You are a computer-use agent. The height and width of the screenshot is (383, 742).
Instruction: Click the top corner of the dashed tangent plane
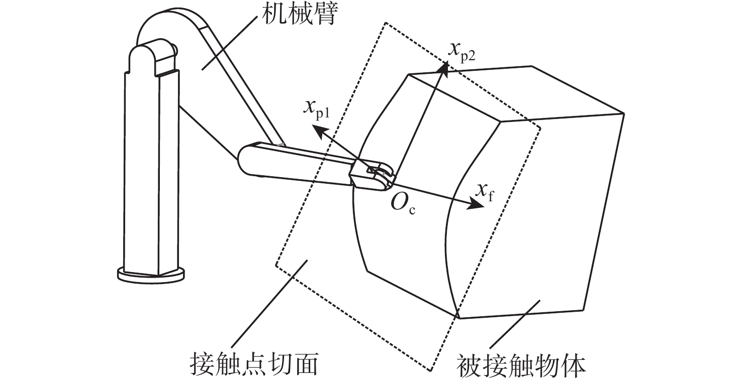[x=385, y=23]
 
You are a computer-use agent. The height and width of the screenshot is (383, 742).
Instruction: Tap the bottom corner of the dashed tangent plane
[x=432, y=371]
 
